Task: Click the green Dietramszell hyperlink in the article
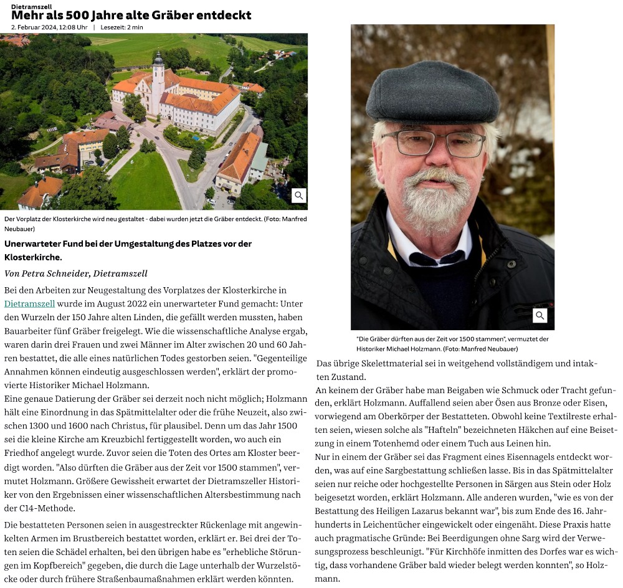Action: click(x=29, y=304)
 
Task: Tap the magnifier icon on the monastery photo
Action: click(x=299, y=196)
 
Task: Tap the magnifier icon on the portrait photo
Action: click(x=540, y=316)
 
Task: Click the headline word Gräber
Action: click(x=178, y=15)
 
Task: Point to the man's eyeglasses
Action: click(x=433, y=143)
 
